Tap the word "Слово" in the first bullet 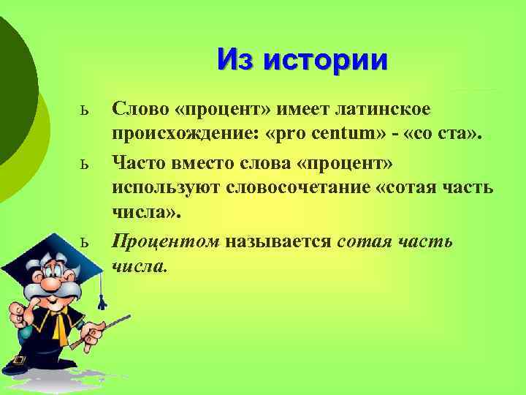140,109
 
